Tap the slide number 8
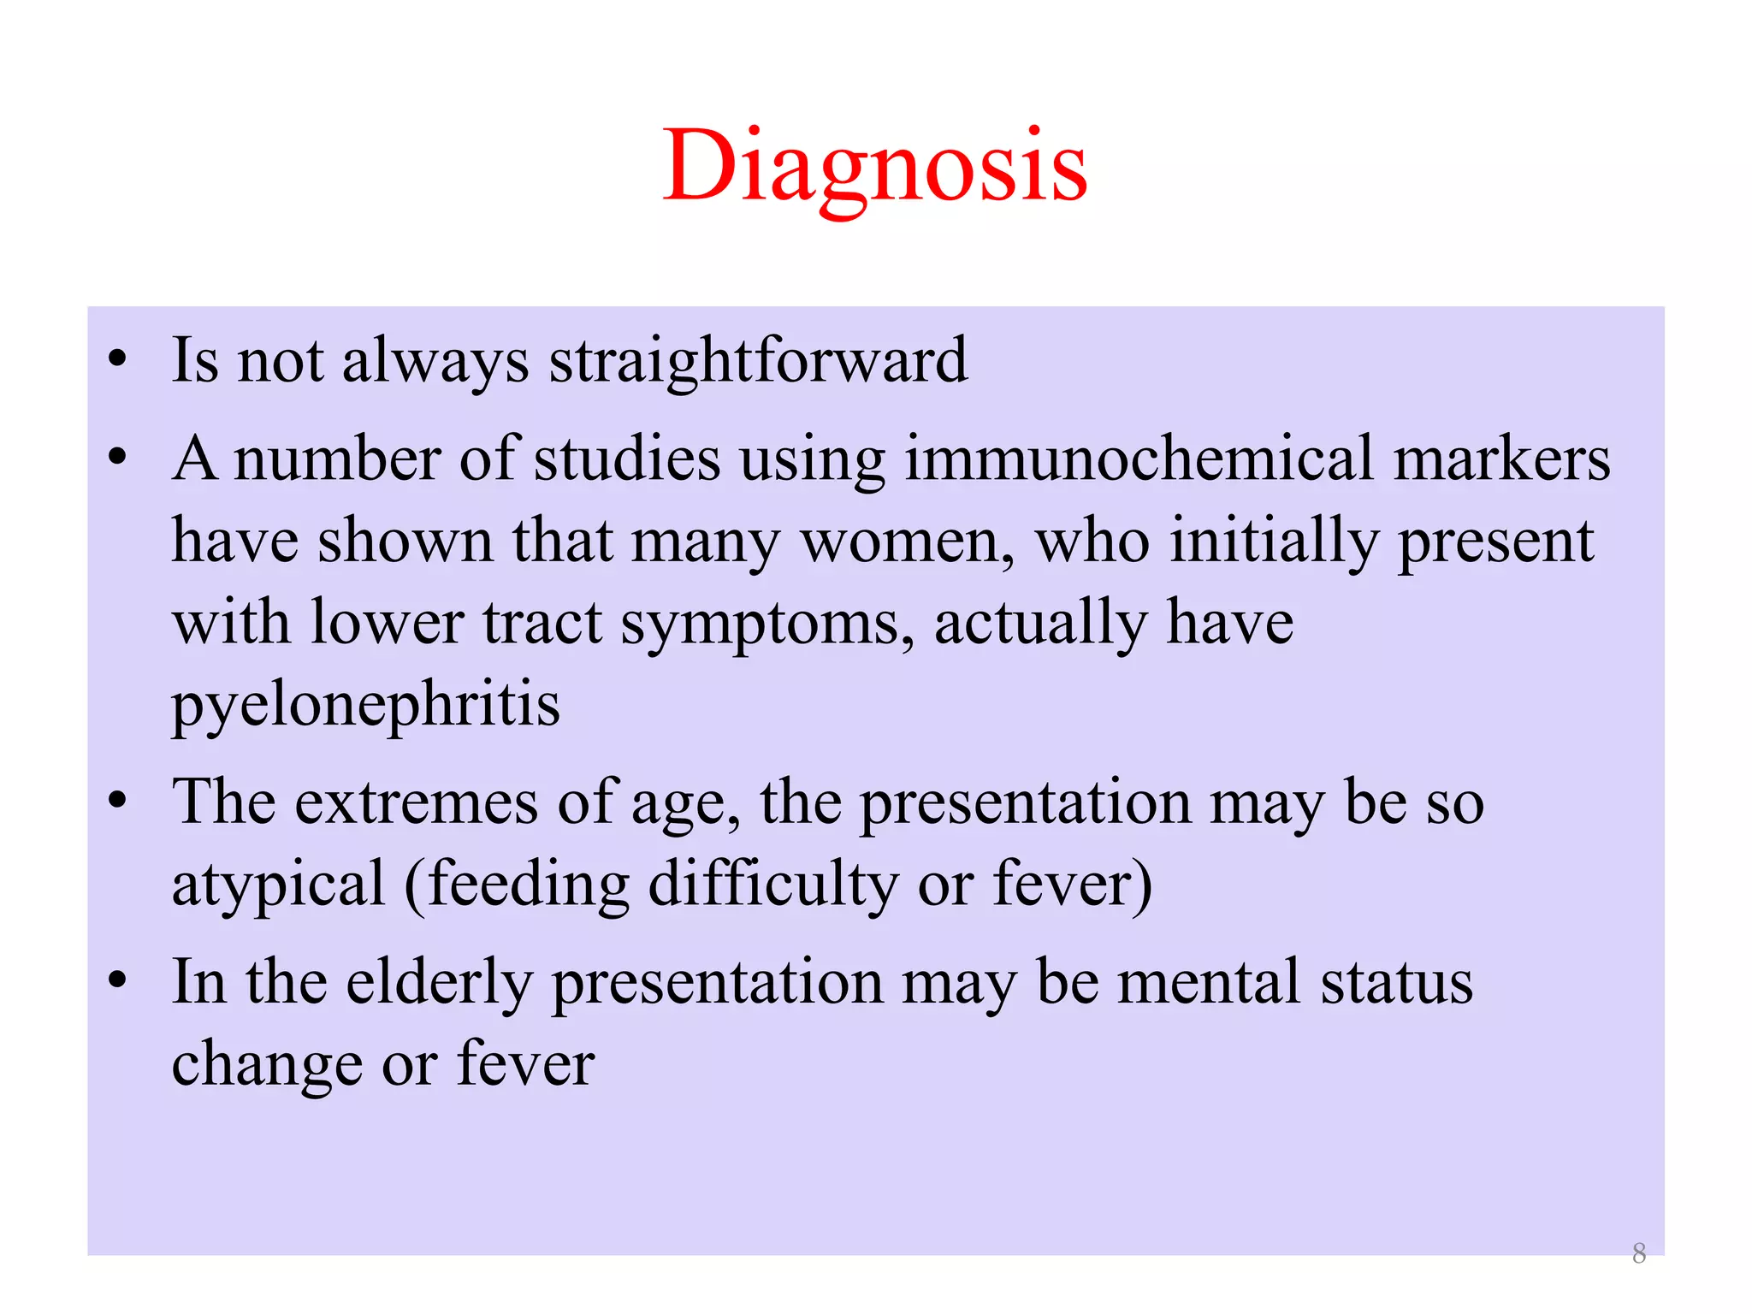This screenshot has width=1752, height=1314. [1638, 1253]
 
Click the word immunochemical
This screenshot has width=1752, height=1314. [1139, 459]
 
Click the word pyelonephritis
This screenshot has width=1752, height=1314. [366, 705]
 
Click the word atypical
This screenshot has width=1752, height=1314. [279, 885]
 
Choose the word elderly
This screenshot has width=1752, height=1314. [439, 983]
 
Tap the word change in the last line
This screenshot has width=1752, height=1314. [267, 1066]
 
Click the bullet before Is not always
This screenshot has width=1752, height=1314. [118, 359]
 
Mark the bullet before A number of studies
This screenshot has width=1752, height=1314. [118, 458]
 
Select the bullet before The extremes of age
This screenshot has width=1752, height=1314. [118, 802]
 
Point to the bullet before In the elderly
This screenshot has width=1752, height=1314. [118, 980]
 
